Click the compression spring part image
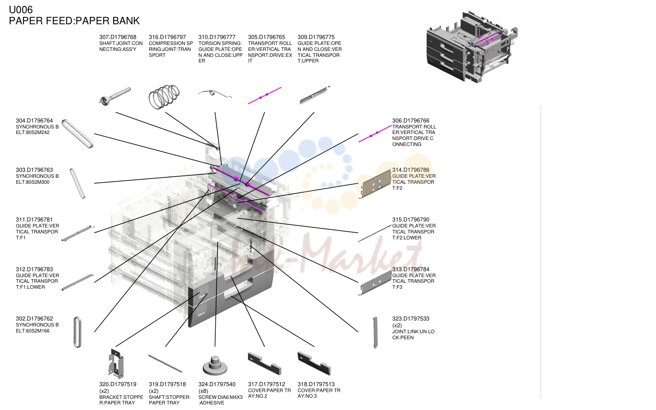(x=164, y=97)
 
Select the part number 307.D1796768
(x=118, y=37)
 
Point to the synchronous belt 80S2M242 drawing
(x=78, y=134)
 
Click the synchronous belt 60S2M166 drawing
(x=77, y=332)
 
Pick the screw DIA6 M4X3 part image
(x=215, y=365)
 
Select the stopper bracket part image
(x=116, y=363)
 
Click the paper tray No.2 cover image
(x=265, y=363)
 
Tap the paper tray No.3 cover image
(x=314, y=363)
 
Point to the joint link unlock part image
(x=375, y=332)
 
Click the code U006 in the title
(x=21, y=10)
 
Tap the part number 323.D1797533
(x=411, y=319)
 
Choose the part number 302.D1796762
(x=34, y=319)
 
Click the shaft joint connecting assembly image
(x=115, y=96)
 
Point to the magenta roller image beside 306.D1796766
(x=375, y=134)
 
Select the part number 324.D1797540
(x=217, y=384)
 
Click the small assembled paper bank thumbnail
(x=472, y=47)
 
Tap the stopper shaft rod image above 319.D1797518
(x=165, y=364)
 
